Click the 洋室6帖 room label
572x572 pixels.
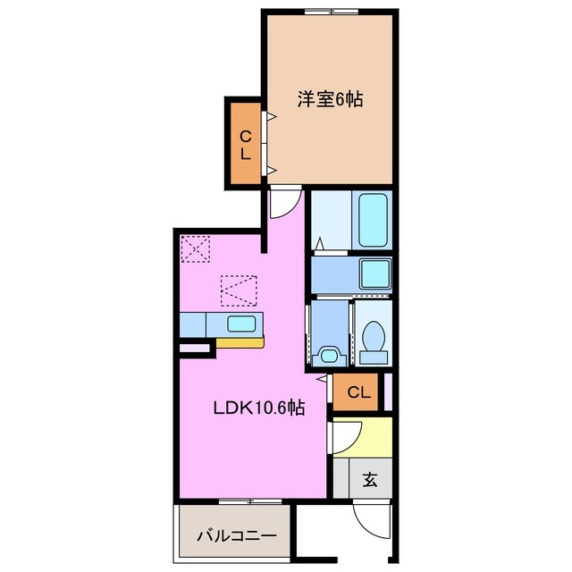[x=330, y=99]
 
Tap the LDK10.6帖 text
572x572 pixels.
[x=259, y=408]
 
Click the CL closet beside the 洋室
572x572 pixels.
[x=243, y=144]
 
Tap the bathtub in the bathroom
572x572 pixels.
[x=370, y=221]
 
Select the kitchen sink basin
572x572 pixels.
[x=240, y=324]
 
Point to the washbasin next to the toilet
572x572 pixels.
[x=330, y=355]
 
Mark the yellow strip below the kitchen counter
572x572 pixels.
[x=240, y=341]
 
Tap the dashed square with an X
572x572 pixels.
[x=195, y=248]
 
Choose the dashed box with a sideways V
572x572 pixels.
[x=239, y=288]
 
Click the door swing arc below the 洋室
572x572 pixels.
[x=282, y=204]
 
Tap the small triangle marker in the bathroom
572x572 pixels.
[x=319, y=242]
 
